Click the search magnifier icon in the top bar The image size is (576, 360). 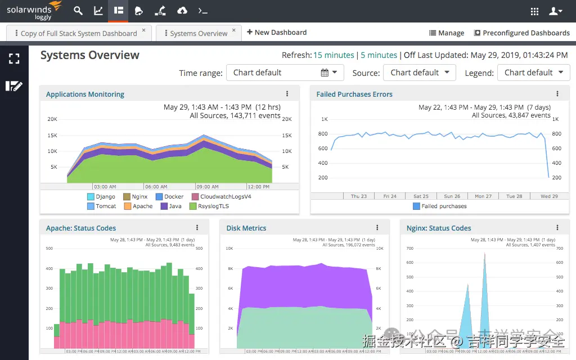click(78, 11)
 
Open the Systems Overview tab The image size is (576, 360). click(199, 33)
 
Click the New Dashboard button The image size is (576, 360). click(277, 33)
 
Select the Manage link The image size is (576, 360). click(447, 33)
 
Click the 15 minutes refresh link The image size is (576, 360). click(334, 55)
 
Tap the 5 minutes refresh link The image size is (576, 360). click(379, 55)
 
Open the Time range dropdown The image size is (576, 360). click(285, 73)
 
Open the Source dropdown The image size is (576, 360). click(419, 73)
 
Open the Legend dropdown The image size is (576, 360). click(533, 73)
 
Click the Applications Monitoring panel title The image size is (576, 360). click(85, 94)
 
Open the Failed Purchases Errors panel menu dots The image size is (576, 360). click(557, 94)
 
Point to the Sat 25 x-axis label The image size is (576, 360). click(421, 196)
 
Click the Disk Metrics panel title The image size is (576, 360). click(246, 228)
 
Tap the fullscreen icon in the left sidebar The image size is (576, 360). click(14, 58)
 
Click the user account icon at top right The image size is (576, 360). click(555, 11)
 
